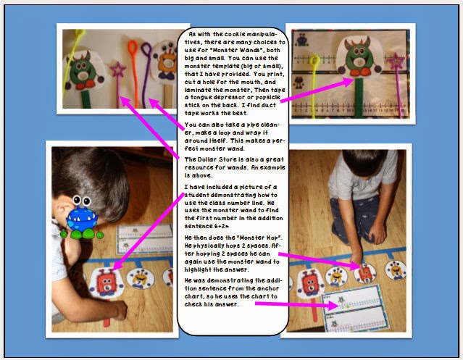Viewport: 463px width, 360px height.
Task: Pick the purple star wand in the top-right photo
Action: [x=398, y=64]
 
